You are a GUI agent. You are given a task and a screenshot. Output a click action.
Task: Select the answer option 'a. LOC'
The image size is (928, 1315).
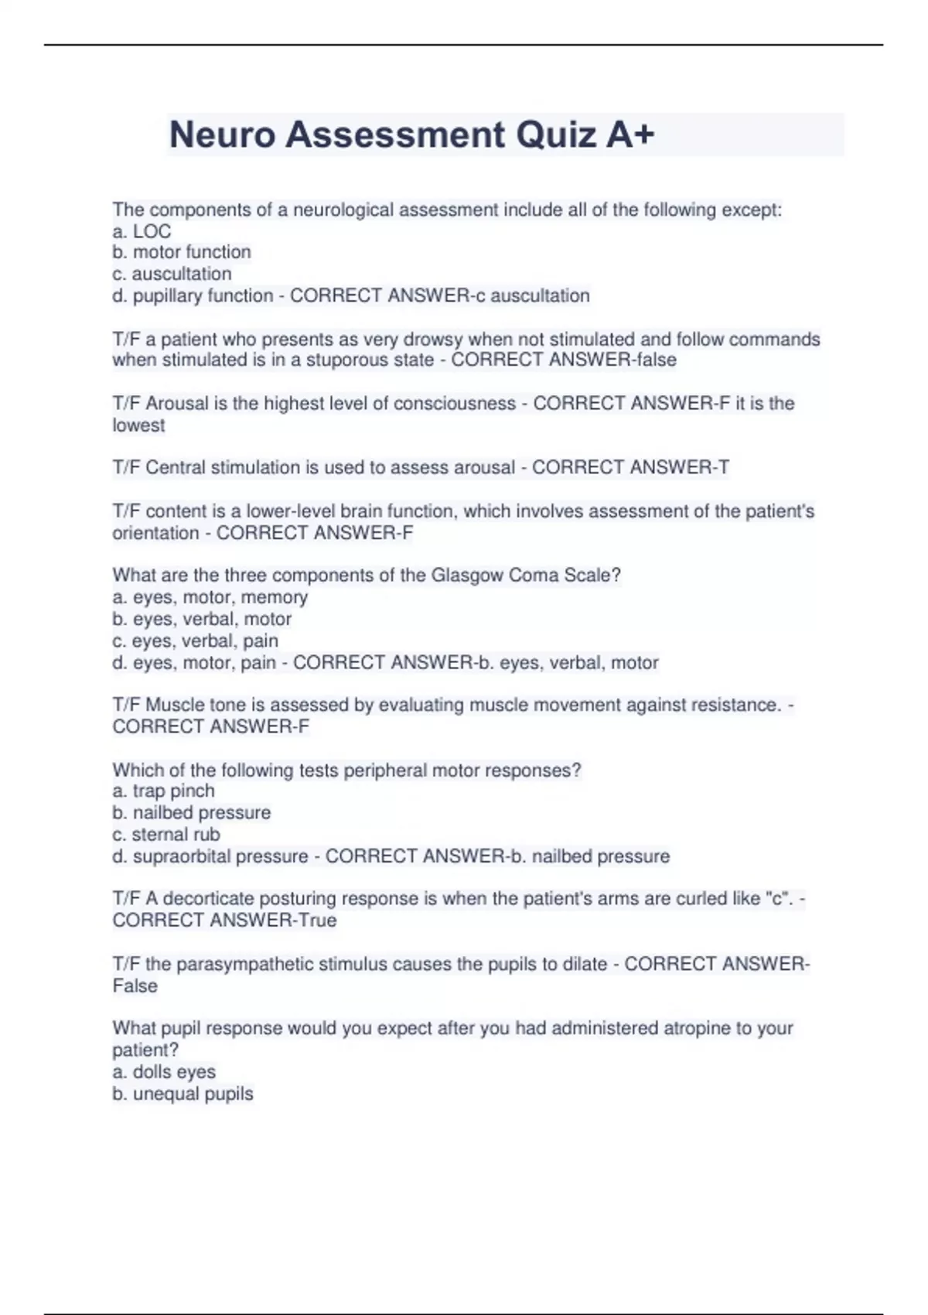pos(142,231)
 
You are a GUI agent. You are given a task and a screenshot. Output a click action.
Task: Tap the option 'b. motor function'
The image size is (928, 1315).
pos(182,252)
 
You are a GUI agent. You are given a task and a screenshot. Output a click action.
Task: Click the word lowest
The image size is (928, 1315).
pos(138,425)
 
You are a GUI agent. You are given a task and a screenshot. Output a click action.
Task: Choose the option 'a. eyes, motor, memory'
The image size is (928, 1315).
pos(210,597)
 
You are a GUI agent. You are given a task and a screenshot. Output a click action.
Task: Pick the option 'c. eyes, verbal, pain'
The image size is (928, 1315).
pos(195,640)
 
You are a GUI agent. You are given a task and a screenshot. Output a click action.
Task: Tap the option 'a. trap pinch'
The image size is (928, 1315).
pos(163,791)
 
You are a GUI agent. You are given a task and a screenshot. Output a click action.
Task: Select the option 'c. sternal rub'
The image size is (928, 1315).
pos(166,835)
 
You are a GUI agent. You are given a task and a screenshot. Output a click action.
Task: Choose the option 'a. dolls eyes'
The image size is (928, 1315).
pos(164,1072)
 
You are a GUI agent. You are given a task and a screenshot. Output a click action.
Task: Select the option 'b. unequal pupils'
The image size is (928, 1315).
pos(183,1094)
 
